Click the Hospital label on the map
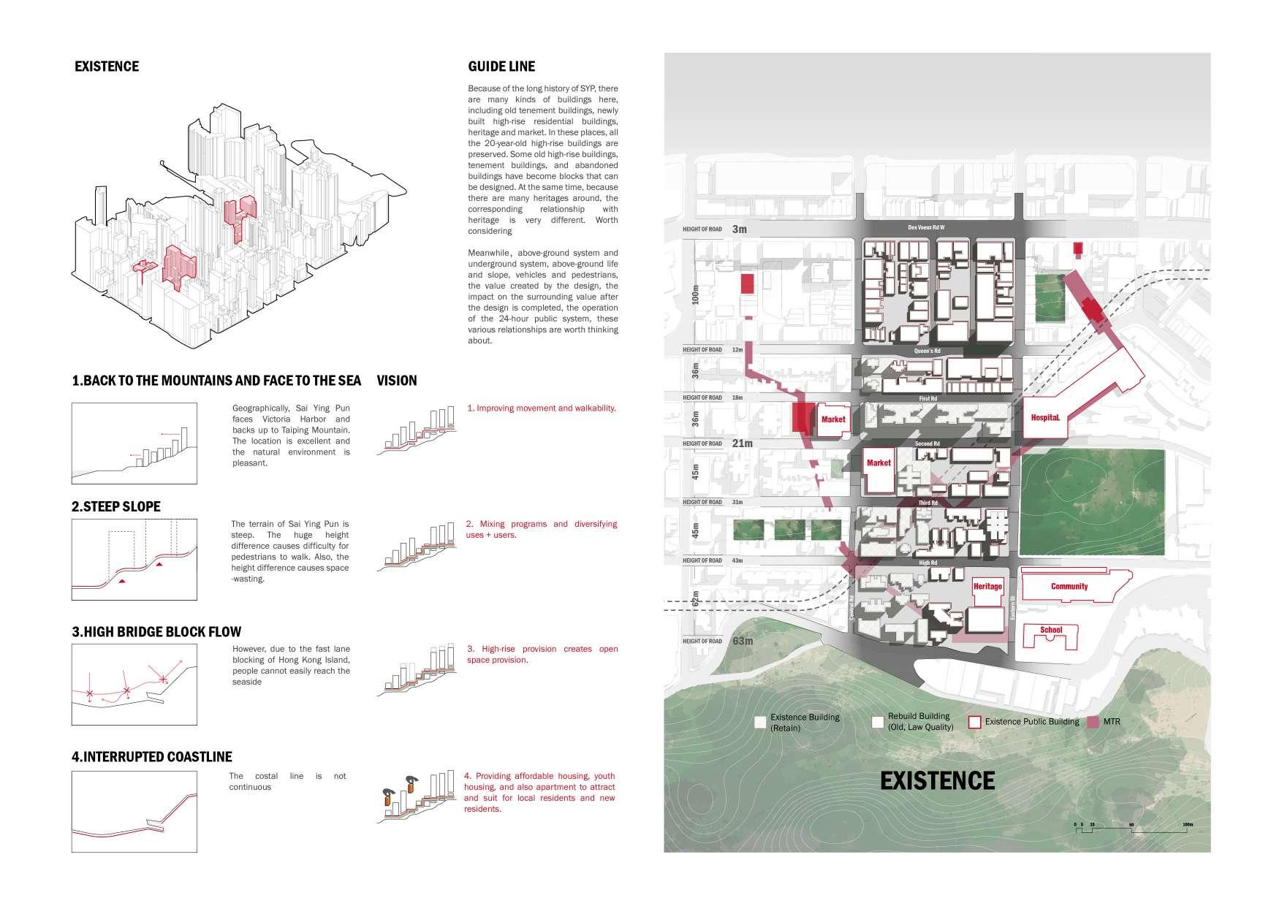click(1045, 417)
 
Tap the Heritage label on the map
click(987, 586)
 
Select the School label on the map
click(1051, 630)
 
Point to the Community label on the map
click(1069, 586)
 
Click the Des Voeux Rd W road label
click(926, 228)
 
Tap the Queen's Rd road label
click(927, 351)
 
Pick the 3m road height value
click(740, 229)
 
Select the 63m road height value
click(743, 642)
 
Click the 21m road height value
click(742, 444)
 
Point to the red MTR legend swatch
click(1093, 722)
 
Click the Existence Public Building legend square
click(974, 722)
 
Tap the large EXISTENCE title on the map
click(937, 781)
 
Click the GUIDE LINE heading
click(501, 66)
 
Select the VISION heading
click(397, 381)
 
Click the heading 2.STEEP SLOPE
click(116, 506)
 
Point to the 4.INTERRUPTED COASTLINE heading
click(152, 757)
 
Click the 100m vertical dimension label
click(695, 294)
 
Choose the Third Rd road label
click(928, 503)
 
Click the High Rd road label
click(928, 563)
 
